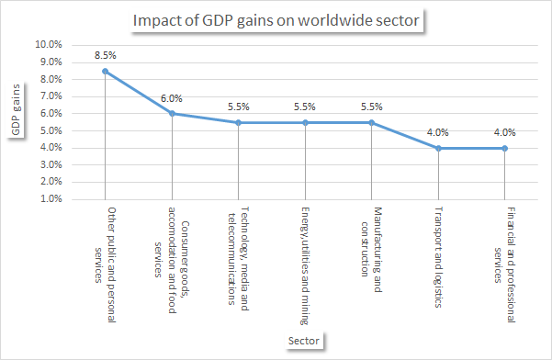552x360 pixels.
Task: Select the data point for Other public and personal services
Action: coord(106,71)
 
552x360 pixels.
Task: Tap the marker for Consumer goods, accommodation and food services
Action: coord(172,114)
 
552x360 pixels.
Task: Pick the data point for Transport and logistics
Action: coord(438,148)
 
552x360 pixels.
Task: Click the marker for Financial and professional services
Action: coord(504,148)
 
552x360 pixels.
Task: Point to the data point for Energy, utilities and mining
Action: coord(305,122)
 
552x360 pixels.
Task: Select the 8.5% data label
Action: coord(106,55)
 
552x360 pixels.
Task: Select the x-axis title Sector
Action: coord(305,342)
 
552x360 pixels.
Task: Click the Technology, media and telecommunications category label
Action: coord(238,261)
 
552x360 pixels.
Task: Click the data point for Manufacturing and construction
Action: coord(371,122)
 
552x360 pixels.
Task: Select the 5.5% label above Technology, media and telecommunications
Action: coord(239,107)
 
